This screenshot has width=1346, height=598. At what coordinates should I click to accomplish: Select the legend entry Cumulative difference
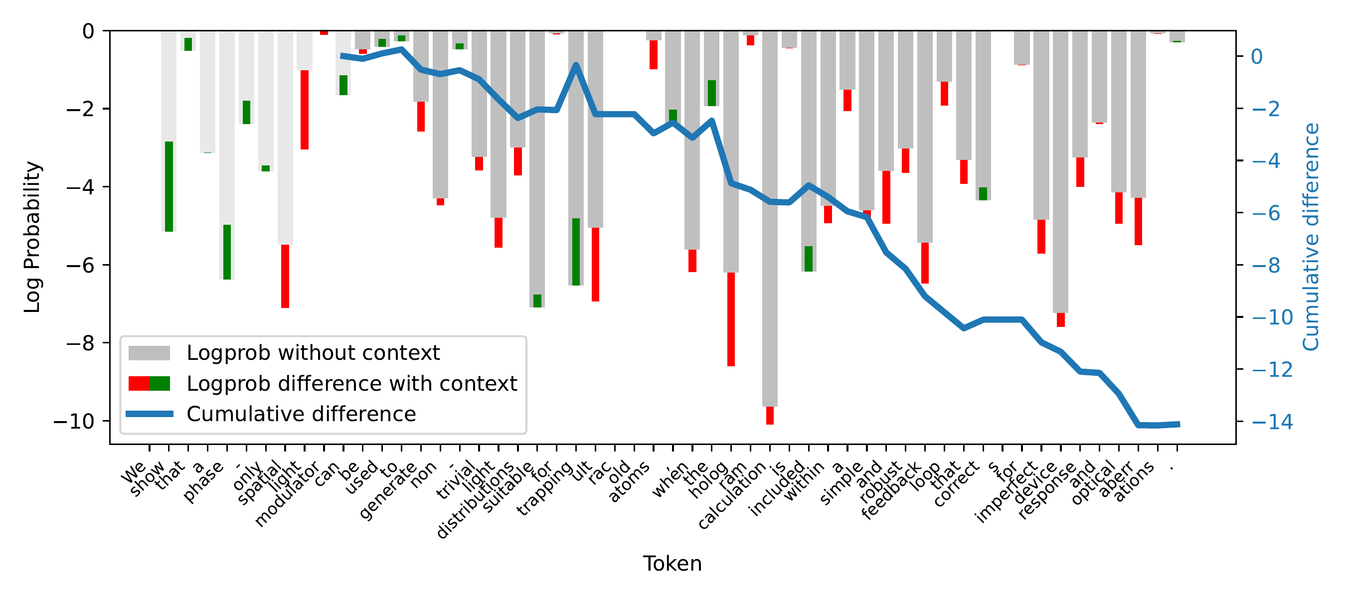(301, 414)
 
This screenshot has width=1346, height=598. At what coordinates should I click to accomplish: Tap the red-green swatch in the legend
(149, 383)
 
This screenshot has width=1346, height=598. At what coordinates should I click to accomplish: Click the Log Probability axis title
(32, 237)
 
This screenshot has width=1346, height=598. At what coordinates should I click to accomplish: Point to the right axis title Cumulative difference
(1311, 237)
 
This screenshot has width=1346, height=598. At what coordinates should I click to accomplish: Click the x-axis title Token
(672, 564)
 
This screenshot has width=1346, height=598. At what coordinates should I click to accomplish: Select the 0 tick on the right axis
(1257, 56)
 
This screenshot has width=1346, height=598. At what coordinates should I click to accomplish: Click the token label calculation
(731, 496)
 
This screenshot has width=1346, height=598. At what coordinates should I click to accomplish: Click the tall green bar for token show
(169, 186)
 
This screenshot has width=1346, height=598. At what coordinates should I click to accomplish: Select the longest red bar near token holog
(731, 318)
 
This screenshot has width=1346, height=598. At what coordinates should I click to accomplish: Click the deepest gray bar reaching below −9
(770, 219)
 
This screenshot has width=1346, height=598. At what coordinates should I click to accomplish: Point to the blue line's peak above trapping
(576, 65)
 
